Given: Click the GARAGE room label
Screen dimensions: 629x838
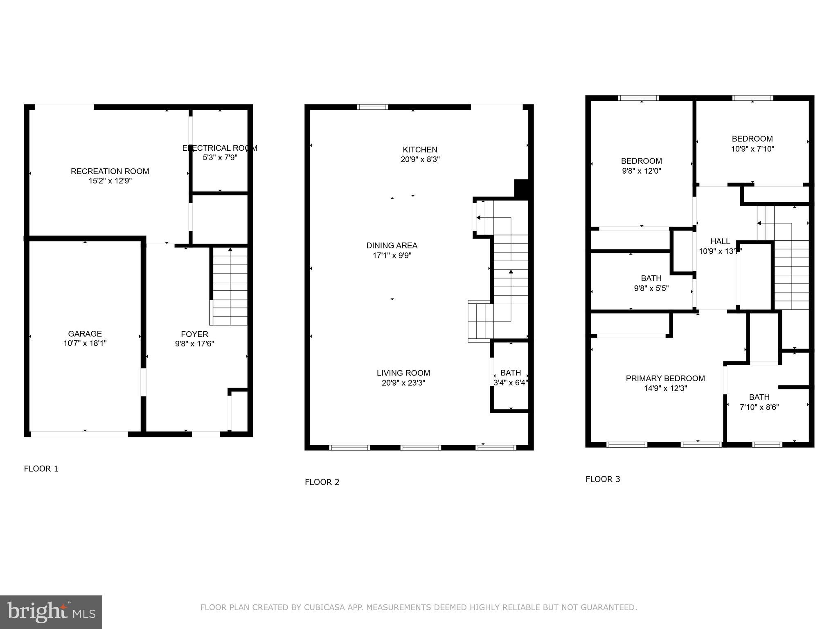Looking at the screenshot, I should (85, 334).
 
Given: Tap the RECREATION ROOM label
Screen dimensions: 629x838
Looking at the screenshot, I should (110, 171).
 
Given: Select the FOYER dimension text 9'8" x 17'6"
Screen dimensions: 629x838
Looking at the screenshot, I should (194, 344).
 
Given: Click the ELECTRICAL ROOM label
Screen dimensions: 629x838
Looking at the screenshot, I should (220, 148).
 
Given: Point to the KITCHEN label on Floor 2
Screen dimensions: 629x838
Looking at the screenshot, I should (420, 150).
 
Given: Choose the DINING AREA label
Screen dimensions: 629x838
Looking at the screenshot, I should (392, 246).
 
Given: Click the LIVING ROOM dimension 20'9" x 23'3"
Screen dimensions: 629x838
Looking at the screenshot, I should (403, 383).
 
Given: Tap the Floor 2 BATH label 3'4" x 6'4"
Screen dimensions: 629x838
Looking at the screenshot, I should (510, 373).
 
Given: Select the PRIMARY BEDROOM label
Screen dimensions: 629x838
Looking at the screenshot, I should (665, 379).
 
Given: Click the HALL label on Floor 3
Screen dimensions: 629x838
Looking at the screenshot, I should (720, 242).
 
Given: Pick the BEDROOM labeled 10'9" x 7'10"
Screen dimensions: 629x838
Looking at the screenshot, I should (752, 139).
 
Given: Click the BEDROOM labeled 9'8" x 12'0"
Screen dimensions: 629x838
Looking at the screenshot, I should (641, 161).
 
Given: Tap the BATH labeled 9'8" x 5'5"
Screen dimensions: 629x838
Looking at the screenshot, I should (651, 278).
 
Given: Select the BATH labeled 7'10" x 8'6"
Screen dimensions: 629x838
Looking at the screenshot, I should (759, 397).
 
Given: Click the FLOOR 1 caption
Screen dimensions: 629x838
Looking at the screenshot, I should (41, 469).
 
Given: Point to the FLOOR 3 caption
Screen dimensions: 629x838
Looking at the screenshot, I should (602, 480).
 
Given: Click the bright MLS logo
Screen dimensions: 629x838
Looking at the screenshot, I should (51, 612).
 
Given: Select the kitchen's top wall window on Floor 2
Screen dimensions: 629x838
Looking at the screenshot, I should (372, 107).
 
